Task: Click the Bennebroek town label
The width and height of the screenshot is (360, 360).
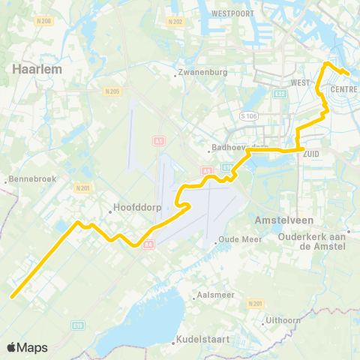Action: tap(28, 181)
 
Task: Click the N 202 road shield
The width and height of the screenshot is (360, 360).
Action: tap(175, 22)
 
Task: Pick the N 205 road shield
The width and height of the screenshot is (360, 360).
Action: tap(112, 91)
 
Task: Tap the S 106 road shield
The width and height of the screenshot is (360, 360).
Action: tap(248, 116)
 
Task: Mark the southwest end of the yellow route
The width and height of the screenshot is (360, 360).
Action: tap(12, 296)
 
